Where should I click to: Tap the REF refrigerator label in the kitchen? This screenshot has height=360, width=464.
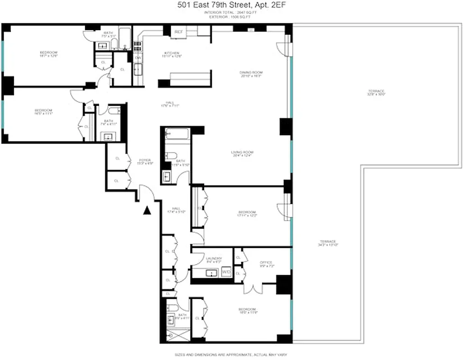tap(178, 32)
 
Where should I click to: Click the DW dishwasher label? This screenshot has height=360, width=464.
tap(138, 58)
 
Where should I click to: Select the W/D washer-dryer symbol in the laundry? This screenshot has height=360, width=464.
tap(226, 272)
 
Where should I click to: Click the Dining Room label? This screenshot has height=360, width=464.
tap(251, 74)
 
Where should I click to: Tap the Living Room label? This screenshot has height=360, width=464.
tap(242, 153)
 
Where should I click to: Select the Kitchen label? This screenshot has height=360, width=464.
tap(172, 54)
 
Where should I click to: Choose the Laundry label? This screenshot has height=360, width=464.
tap(214, 259)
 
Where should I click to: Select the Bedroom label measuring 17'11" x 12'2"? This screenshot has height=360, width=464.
tap(247, 213)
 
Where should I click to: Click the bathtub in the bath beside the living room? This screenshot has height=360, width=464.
tap(176, 134)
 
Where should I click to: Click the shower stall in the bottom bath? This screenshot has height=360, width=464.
tap(172, 335)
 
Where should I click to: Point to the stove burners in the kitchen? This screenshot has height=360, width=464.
tap(137, 45)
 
